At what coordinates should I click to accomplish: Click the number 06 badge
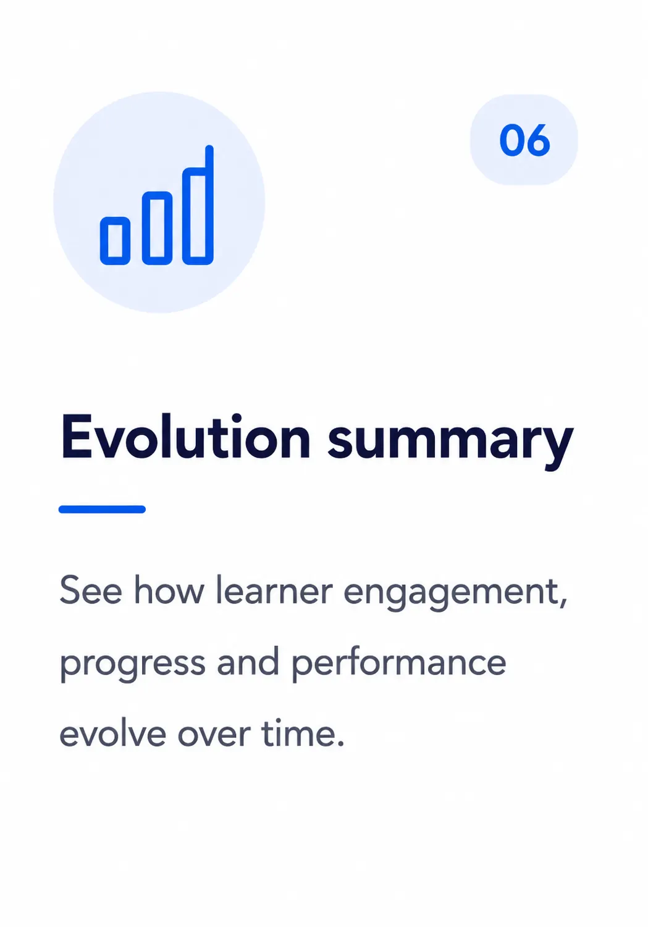coord(524,140)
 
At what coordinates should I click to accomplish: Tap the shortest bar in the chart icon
coord(115,241)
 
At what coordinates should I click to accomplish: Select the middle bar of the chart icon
coord(157,228)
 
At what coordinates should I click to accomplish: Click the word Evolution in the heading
coord(185,436)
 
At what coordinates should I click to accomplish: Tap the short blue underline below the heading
coord(102,509)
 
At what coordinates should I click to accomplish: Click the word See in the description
coord(91,590)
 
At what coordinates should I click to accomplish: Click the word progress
coord(133,665)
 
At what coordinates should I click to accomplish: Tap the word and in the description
coord(248,661)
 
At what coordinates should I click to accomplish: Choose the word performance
coord(399,664)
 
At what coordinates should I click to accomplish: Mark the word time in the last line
coord(298,733)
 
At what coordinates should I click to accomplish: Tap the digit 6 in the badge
coord(537,140)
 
